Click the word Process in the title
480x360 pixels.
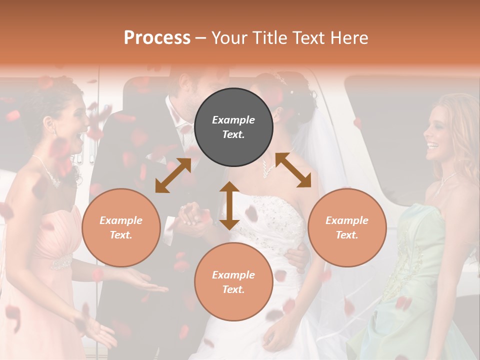pyautogui.click(x=157, y=38)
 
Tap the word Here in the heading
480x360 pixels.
pyautogui.click(x=348, y=38)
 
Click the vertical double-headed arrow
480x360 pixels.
pyautogui.click(x=229, y=205)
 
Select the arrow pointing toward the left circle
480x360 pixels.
pyautogui.click(x=172, y=175)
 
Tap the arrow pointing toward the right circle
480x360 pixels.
pyautogui.click(x=293, y=170)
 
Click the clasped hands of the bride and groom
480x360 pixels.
pyautogui.click(x=192, y=215)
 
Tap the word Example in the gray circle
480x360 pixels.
pyautogui.click(x=233, y=120)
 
